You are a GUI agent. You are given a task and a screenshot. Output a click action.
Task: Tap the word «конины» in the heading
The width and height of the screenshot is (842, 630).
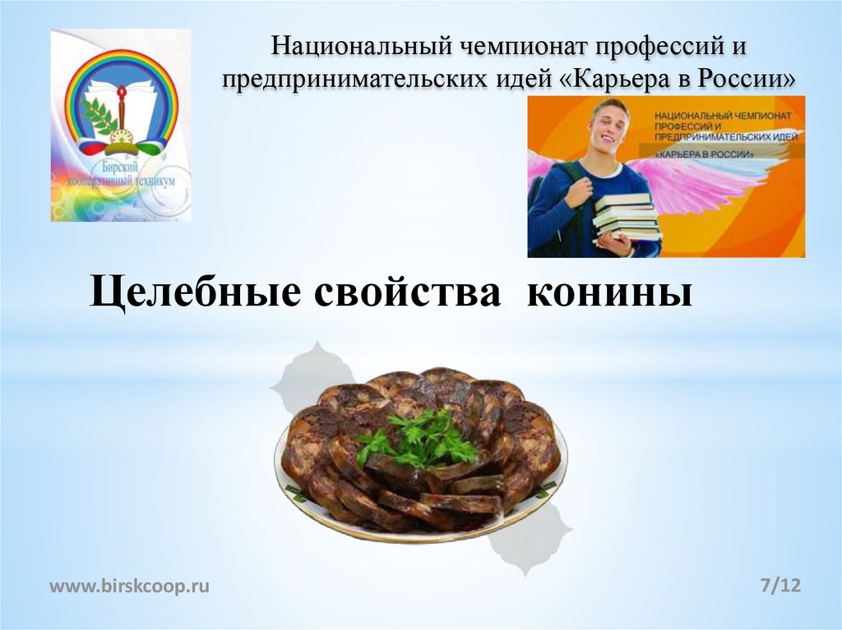(x=609, y=295)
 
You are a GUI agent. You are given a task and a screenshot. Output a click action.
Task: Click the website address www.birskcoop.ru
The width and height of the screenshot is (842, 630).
(x=130, y=586)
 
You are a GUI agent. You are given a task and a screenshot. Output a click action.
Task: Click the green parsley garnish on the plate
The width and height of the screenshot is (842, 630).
(x=419, y=440)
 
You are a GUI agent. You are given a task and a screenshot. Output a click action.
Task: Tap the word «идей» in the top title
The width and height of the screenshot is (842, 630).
(x=516, y=79)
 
